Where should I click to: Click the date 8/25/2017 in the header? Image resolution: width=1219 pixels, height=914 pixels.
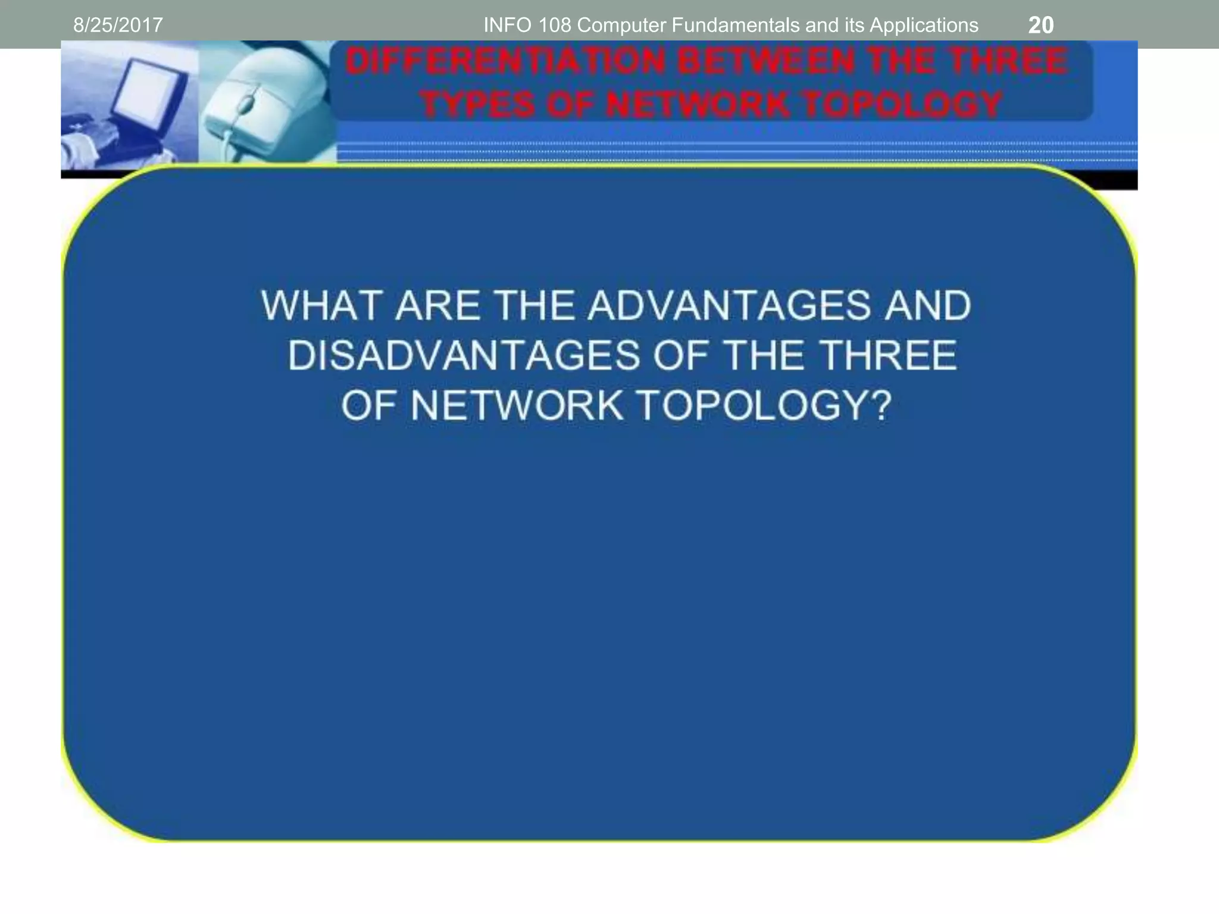118,25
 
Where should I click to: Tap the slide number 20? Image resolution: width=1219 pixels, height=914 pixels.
1040,25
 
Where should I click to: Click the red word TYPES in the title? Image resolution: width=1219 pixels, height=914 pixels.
477,105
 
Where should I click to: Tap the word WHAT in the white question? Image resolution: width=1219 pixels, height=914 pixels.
321,306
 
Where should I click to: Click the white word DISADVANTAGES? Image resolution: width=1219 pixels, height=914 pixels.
464,356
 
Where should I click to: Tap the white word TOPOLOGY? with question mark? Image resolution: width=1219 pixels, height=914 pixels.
765,406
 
